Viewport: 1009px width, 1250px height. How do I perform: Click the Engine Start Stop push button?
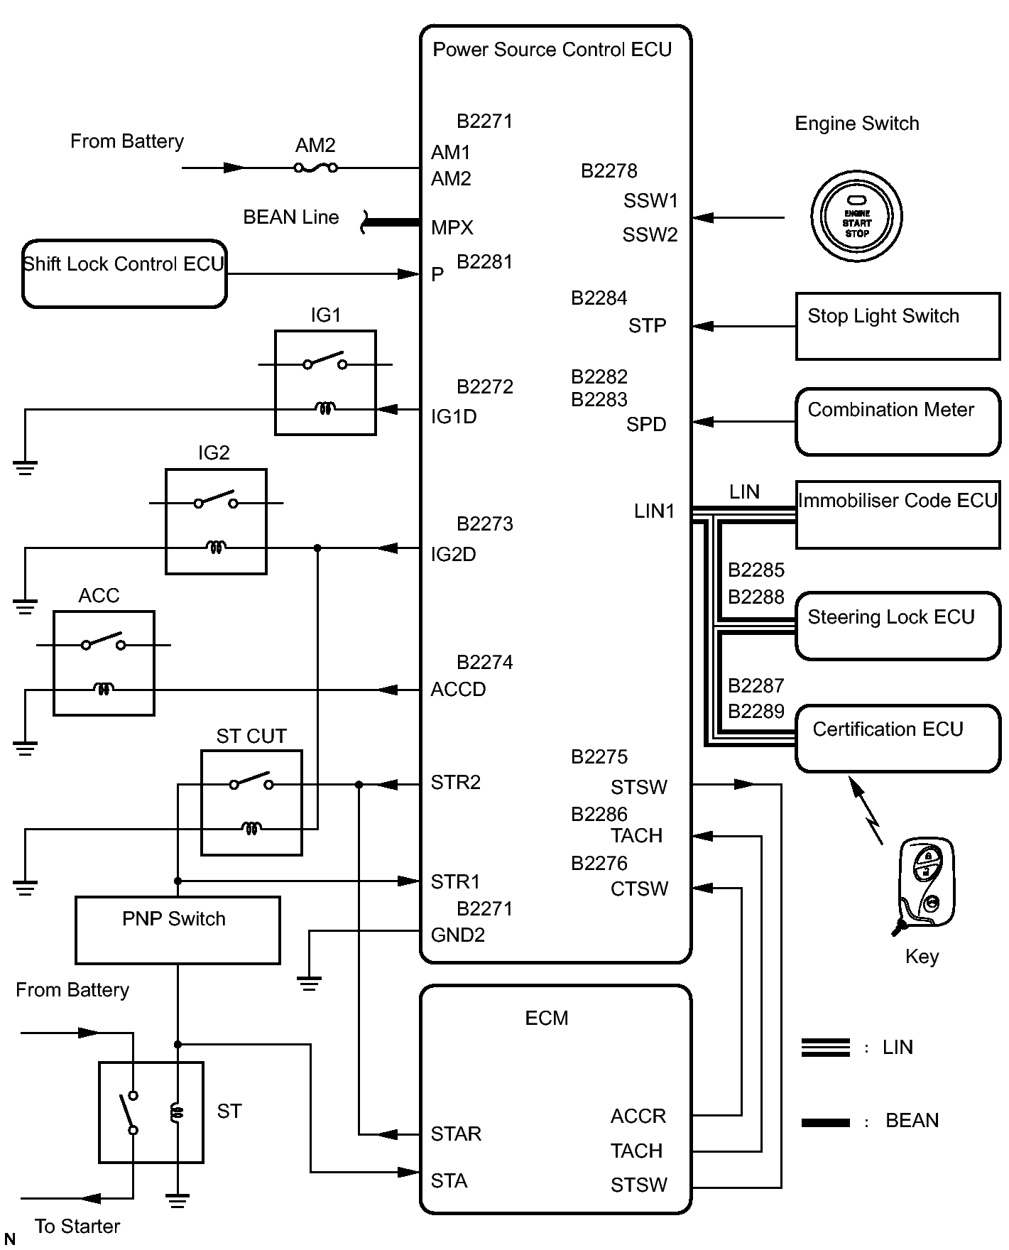point(856,217)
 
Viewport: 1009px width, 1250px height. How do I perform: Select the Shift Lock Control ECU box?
point(124,274)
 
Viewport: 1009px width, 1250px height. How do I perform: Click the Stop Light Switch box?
point(898,326)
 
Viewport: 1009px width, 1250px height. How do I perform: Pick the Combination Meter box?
point(898,421)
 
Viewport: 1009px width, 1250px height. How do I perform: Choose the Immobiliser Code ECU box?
point(898,515)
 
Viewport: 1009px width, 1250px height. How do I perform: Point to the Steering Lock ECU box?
point(898,626)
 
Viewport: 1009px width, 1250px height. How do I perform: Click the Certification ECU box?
point(898,738)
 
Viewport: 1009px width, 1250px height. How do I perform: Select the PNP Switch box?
point(178,930)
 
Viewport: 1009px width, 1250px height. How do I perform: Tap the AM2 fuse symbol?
point(315,168)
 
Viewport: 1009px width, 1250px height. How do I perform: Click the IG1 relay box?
point(325,382)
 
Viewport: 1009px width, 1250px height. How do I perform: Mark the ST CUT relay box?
point(251,803)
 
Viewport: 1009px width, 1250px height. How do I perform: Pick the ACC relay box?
point(104,663)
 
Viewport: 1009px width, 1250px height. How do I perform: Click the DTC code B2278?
point(609,171)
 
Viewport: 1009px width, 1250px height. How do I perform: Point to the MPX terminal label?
point(452,228)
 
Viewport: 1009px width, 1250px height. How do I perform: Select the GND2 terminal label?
point(457,935)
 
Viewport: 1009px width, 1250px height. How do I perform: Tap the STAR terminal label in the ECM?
point(456,1134)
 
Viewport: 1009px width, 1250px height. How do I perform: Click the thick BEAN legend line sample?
point(825,1123)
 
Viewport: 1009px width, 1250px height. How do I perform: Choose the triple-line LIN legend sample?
point(825,1048)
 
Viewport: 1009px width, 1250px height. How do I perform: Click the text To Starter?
point(77,1227)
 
